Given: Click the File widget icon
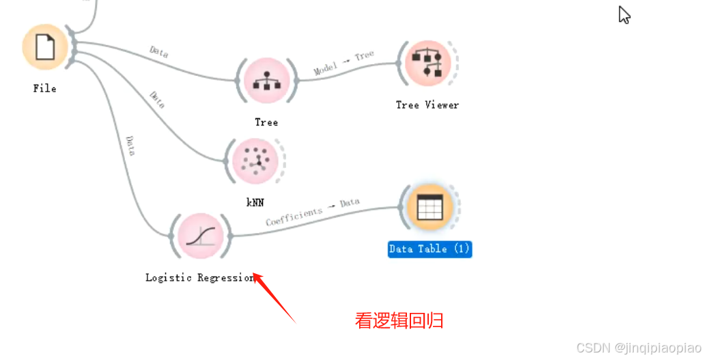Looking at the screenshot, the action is (45, 47).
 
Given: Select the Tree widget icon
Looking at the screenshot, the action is (266, 81).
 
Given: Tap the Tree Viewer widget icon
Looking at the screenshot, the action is (427, 64).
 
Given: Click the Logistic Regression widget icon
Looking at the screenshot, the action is (201, 236).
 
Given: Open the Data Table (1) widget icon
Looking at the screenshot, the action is (430, 208).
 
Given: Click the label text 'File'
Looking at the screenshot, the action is (44, 89).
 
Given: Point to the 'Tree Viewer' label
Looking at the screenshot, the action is (427, 105).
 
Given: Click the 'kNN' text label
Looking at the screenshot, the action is (255, 202).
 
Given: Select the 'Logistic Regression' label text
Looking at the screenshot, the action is (199, 278).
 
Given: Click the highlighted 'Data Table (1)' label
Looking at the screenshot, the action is (430, 249).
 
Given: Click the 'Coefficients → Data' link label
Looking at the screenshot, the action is (313, 212).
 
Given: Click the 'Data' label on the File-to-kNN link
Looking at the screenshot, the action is (157, 100).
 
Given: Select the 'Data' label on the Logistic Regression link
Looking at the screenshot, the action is (130, 146).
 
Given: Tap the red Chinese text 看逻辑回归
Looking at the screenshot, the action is (399, 320).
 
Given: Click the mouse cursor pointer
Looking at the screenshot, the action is (623, 14).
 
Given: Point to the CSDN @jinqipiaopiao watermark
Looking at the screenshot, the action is (638, 348).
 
